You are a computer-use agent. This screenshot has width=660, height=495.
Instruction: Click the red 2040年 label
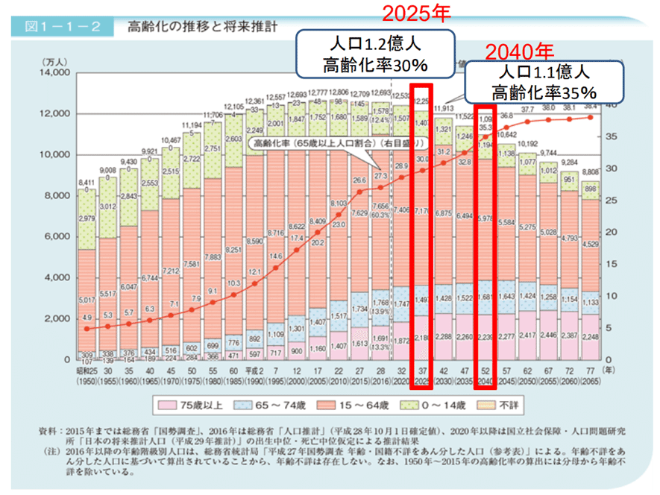coord(520,51)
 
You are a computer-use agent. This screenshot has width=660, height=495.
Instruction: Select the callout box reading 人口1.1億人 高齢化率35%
coord(544,82)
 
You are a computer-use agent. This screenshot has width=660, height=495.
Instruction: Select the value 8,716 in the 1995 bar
coord(274,233)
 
